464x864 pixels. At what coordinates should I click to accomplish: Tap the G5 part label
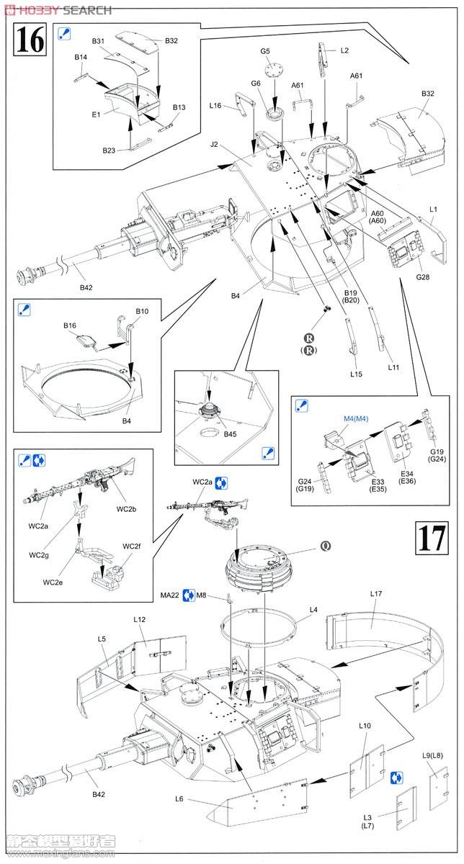pyautogui.click(x=265, y=51)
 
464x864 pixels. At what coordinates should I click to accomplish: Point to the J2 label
pyautogui.click(x=214, y=144)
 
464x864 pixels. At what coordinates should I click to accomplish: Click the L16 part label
pyautogui.click(x=215, y=106)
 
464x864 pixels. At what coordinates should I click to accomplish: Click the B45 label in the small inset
pyautogui.click(x=230, y=434)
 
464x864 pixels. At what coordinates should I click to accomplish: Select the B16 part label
pyautogui.click(x=69, y=325)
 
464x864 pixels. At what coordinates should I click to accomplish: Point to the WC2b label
pyautogui.click(x=127, y=509)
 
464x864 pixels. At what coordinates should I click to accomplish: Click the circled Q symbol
pyautogui.click(x=326, y=545)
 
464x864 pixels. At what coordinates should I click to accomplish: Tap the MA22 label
pyautogui.click(x=170, y=595)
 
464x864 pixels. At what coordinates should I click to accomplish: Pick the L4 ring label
pyautogui.click(x=313, y=610)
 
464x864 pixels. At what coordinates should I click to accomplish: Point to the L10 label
pyautogui.click(x=365, y=726)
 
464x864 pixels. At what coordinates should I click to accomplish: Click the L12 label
pyautogui.click(x=140, y=619)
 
